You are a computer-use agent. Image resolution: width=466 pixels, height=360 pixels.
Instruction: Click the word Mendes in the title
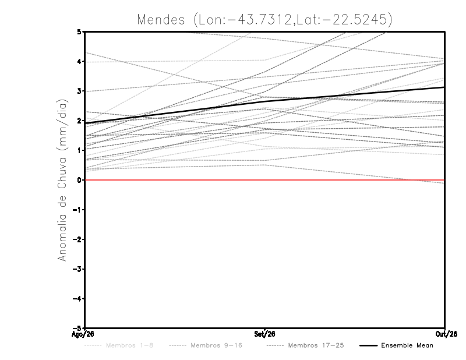(161, 20)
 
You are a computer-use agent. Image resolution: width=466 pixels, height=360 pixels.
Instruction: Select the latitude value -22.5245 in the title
(356, 20)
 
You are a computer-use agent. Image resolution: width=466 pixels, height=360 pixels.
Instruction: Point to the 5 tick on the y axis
(79, 31)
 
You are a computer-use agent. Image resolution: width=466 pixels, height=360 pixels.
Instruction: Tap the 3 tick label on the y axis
(79, 91)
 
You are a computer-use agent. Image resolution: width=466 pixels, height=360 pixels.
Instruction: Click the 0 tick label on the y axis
(79, 180)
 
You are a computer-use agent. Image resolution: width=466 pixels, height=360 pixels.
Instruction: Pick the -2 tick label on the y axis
(77, 239)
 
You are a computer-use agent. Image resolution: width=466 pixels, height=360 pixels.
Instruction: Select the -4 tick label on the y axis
(77, 298)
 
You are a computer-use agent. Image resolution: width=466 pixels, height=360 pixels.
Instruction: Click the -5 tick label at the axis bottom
(77, 328)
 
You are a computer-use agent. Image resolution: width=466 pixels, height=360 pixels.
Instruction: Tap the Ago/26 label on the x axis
(83, 334)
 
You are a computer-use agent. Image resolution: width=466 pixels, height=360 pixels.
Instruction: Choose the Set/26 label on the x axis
(264, 334)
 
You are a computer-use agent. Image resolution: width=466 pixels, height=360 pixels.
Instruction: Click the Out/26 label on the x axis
(446, 334)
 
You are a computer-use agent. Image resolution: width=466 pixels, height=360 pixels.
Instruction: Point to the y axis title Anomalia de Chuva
(62, 180)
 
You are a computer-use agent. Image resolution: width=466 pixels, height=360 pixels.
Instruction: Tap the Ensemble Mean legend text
(407, 345)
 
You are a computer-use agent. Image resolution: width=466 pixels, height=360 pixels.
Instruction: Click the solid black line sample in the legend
(369, 345)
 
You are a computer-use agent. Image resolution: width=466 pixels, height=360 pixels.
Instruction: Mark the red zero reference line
(264, 180)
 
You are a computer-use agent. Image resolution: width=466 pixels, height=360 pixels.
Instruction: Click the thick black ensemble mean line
(264, 101)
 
